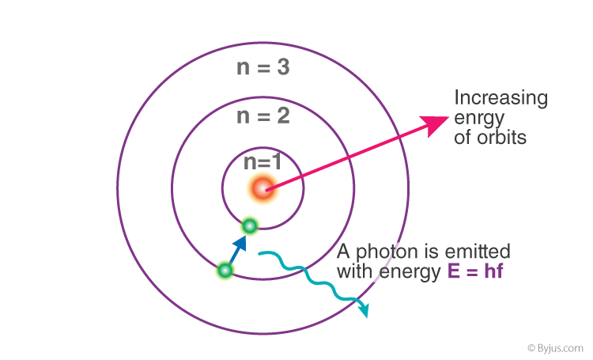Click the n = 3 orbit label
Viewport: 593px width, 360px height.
[x=263, y=67]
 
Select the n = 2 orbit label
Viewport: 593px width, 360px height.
[x=263, y=116]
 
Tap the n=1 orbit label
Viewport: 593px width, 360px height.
[x=263, y=162]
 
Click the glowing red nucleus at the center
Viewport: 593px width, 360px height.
[x=263, y=188]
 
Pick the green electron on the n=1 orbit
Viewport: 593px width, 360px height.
[x=250, y=226]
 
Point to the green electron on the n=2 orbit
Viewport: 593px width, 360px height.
[x=225, y=271]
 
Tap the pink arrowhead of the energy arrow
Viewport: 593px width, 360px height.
[x=436, y=125]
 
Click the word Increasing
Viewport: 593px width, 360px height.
[x=500, y=97]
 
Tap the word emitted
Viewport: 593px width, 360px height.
[x=478, y=252]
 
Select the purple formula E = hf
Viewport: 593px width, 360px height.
[x=475, y=271]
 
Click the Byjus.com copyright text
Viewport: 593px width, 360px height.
[x=556, y=348]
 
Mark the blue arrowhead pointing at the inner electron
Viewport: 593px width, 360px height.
[x=240, y=243]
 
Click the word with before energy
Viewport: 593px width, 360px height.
[x=355, y=271]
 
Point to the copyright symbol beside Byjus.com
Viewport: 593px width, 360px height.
[x=531, y=347]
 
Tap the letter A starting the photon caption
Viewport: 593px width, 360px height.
[x=343, y=252]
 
